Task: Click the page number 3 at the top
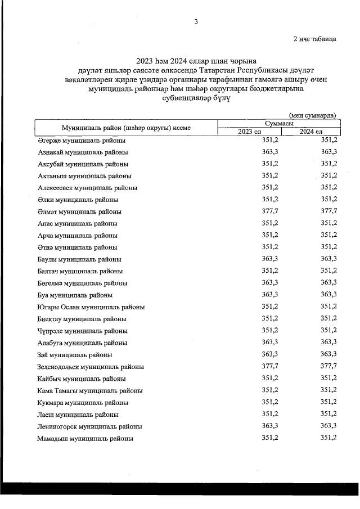(x=195, y=22)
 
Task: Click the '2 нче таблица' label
(x=315, y=39)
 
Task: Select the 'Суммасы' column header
(x=278, y=123)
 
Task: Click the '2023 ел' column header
(x=250, y=132)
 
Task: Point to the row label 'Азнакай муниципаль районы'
(x=83, y=152)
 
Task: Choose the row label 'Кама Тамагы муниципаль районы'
(x=90, y=390)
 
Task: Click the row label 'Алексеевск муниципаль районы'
(x=88, y=188)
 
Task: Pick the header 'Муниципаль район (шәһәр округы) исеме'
(x=126, y=128)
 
